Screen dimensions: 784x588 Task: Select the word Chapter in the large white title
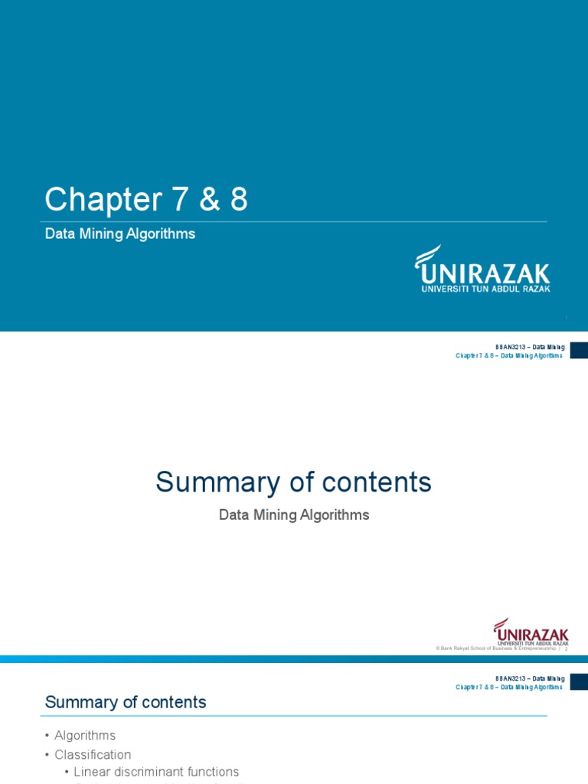98,200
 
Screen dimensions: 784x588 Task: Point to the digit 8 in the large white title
238,200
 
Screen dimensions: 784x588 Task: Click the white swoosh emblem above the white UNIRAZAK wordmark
427,255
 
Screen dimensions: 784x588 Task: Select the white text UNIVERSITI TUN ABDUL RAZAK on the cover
485,289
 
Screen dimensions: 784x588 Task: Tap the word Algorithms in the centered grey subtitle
335,515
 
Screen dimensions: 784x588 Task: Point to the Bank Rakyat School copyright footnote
495,648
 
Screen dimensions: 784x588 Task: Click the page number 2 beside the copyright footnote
566,648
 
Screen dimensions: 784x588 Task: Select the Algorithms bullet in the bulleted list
85,735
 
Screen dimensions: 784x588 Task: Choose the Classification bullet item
93,754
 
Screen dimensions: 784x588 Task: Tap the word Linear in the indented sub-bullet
93,772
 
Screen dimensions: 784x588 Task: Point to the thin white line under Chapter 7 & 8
296,222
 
